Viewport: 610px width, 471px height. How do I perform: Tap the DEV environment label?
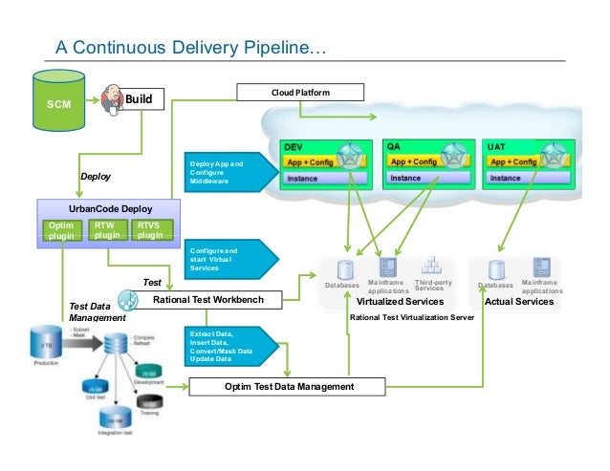click(x=293, y=148)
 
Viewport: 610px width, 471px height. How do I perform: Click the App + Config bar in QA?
click(x=412, y=162)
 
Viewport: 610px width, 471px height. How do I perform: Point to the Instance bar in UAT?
click(x=517, y=178)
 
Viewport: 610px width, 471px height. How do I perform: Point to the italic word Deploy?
click(x=96, y=177)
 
